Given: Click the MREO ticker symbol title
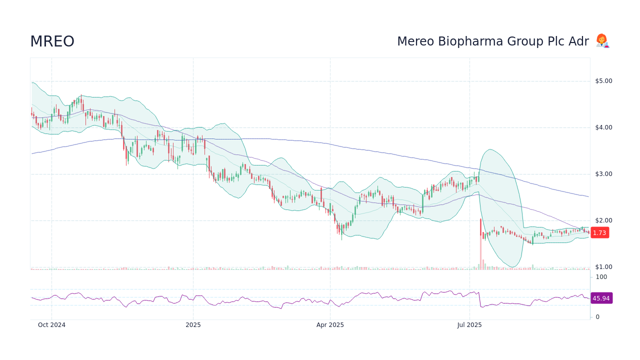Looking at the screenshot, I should (x=52, y=41).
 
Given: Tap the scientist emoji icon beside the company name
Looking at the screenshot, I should (x=602, y=41).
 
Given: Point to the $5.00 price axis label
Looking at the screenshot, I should (x=603, y=81).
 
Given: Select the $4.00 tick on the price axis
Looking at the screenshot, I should (x=603, y=127).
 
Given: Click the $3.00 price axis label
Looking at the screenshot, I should (x=603, y=174).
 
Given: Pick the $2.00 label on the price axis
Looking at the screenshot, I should (x=603, y=220).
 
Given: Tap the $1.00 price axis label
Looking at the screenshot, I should (x=603, y=267).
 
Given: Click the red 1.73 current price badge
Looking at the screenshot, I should (x=599, y=232).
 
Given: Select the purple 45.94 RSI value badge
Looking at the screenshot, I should (x=601, y=298).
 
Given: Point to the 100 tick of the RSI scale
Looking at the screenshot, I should (x=601, y=277).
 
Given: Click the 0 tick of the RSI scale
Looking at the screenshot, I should (x=597, y=317).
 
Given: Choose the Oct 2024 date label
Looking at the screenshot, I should (x=51, y=325).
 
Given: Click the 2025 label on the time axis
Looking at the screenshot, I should (x=193, y=325).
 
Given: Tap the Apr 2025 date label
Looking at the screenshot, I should (x=330, y=325).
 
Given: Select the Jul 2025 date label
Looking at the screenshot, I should (x=469, y=325).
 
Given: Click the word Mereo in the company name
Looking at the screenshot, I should (x=414, y=41).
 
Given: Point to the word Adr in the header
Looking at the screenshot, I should (x=579, y=41).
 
